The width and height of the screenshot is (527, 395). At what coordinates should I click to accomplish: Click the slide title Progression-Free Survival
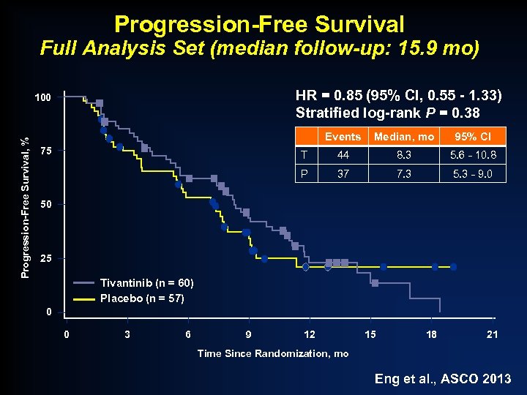[x=259, y=23]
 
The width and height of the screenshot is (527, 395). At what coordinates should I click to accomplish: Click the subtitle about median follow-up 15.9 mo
[x=260, y=49]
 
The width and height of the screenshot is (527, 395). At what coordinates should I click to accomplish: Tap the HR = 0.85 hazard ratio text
[x=398, y=96]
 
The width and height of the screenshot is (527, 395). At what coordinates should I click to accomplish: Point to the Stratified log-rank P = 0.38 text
[x=387, y=113]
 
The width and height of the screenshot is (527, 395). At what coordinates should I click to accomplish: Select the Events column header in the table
[x=343, y=137]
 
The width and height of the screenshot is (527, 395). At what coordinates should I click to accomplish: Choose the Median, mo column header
[x=404, y=137]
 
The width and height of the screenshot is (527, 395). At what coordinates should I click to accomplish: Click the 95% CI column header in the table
[x=472, y=137]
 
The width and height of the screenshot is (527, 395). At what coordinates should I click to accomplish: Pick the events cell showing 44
[x=343, y=155]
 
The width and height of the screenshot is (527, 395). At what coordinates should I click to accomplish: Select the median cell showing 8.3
[x=404, y=155]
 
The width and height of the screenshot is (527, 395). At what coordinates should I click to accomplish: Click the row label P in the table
[x=304, y=174]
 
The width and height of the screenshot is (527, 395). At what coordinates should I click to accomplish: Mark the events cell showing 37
[x=343, y=174]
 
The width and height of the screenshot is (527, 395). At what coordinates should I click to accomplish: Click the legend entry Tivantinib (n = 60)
[x=147, y=283]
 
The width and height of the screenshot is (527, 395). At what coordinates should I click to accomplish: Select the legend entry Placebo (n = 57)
[x=142, y=298]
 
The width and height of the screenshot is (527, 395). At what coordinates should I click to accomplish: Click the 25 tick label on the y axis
[x=46, y=259]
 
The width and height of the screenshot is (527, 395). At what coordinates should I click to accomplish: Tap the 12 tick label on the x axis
[x=310, y=335]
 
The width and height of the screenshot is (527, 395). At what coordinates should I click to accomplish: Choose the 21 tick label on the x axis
[x=493, y=335]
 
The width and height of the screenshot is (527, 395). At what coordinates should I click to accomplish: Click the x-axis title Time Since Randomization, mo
[x=273, y=353]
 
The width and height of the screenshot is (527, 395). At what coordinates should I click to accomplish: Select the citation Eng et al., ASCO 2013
[x=443, y=379]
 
